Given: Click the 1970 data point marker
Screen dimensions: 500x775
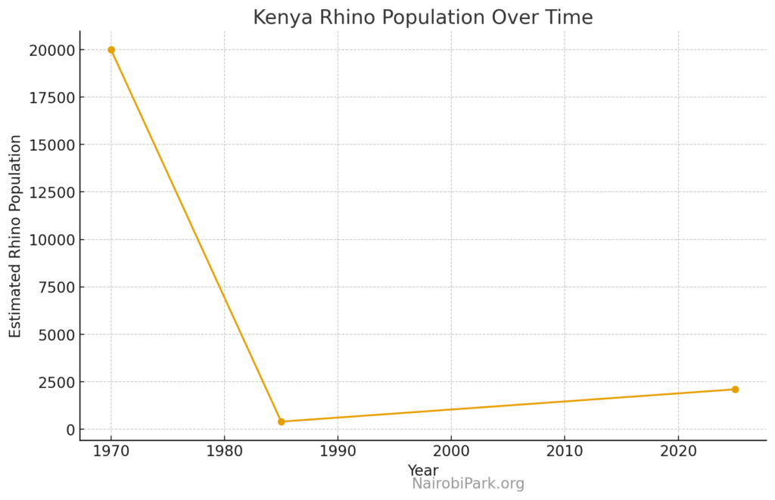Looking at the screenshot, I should pos(111,50).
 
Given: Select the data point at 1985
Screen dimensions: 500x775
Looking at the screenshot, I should pos(282,421).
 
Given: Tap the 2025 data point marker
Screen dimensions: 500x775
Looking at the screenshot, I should pos(735,390).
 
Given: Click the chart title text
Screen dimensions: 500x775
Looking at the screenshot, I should pos(422,17).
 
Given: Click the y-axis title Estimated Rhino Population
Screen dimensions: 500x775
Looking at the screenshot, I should pos(16,236).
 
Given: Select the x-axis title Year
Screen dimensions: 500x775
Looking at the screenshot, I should pos(422,470).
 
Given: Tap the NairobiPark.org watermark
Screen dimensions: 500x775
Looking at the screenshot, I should pos(468,484).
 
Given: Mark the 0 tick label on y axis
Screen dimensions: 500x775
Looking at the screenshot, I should pos(71,430).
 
